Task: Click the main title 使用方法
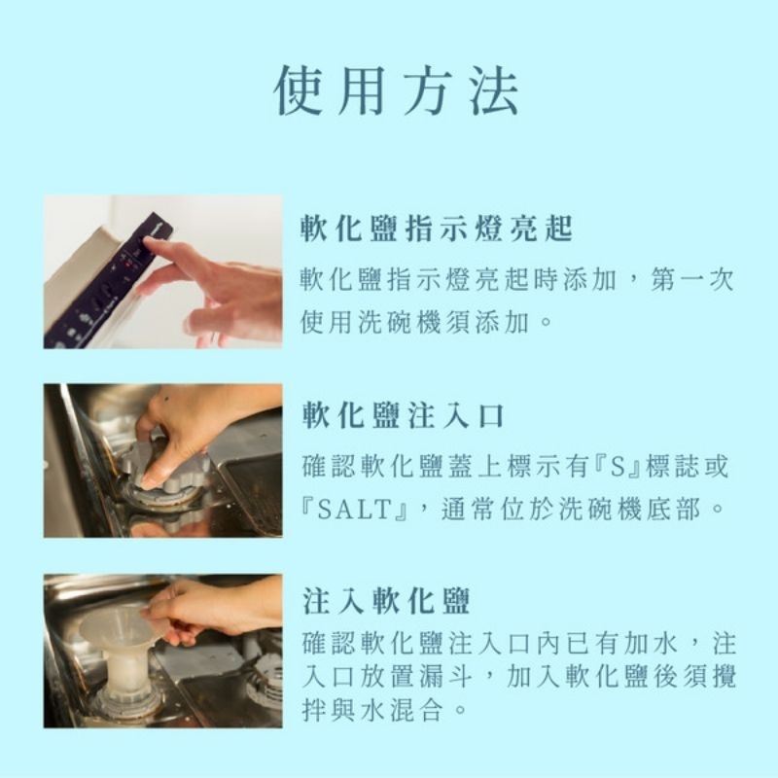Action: [397, 90]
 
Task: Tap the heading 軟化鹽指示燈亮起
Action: [437, 229]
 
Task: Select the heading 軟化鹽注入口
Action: [403, 416]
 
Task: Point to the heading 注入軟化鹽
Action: [386, 601]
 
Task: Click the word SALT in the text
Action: [353, 510]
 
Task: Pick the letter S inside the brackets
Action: [617, 468]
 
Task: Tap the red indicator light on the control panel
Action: [128, 264]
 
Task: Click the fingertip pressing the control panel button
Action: [149, 241]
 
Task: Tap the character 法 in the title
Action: [494, 90]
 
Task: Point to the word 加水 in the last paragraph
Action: [650, 643]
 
